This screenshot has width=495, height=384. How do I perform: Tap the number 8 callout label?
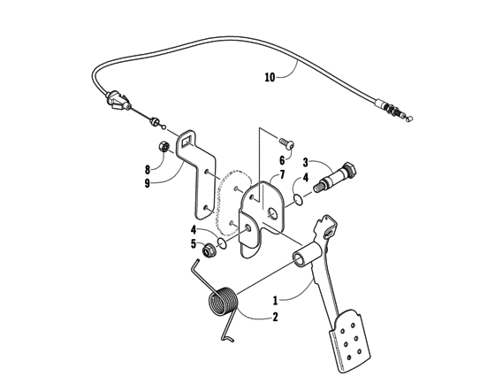point(148,168)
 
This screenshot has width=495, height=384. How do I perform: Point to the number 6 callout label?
point(282,160)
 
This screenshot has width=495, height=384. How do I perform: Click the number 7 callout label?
point(282,174)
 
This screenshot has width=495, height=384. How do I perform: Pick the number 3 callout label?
point(306,163)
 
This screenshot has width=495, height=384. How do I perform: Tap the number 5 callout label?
point(194,243)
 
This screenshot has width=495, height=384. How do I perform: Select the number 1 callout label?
point(275,300)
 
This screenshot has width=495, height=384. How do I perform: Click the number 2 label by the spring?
point(275,316)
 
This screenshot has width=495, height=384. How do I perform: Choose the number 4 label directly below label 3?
point(306,177)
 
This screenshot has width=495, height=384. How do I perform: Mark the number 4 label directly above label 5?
point(194,229)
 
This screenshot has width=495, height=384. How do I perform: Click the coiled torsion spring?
point(223,303)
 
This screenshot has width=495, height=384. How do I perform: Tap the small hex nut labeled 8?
point(164,148)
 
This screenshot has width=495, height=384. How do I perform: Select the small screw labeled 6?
point(287,142)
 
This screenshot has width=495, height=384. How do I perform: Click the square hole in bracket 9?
point(187,138)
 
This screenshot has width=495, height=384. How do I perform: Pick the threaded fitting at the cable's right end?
point(392,109)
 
